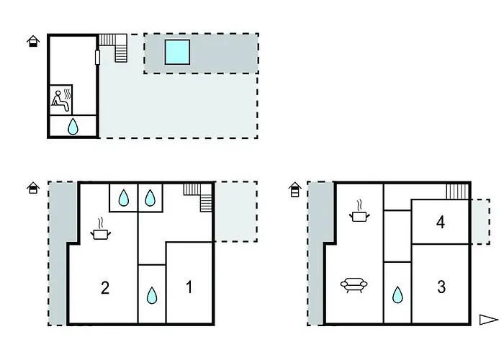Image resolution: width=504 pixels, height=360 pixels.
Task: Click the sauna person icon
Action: [x=60, y=102]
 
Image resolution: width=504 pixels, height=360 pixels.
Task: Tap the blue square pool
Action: [x=177, y=52]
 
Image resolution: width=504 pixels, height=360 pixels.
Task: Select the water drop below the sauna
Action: [x=73, y=126]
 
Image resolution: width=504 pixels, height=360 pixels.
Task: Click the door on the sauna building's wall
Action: [x=97, y=57]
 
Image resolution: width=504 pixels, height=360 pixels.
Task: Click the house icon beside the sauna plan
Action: [x=33, y=42]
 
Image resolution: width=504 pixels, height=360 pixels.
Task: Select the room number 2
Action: [x=105, y=288]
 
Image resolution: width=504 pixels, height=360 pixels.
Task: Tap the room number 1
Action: [x=189, y=287]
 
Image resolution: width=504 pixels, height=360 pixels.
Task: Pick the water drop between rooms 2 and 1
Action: [x=152, y=295]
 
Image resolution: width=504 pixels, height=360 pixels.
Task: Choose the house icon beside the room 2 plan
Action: [x=33, y=188]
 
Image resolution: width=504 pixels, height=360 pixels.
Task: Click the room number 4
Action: [x=441, y=222]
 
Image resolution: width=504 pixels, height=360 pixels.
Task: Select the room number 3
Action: [x=441, y=287]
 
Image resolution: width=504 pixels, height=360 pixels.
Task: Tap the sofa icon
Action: [x=354, y=285]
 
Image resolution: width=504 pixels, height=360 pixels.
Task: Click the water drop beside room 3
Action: [x=397, y=294]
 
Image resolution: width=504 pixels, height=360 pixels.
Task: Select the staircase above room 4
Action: [x=457, y=192]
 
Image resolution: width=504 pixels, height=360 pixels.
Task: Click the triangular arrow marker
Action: [x=489, y=320]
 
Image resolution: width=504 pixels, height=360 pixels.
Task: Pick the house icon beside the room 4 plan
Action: [x=294, y=189]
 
